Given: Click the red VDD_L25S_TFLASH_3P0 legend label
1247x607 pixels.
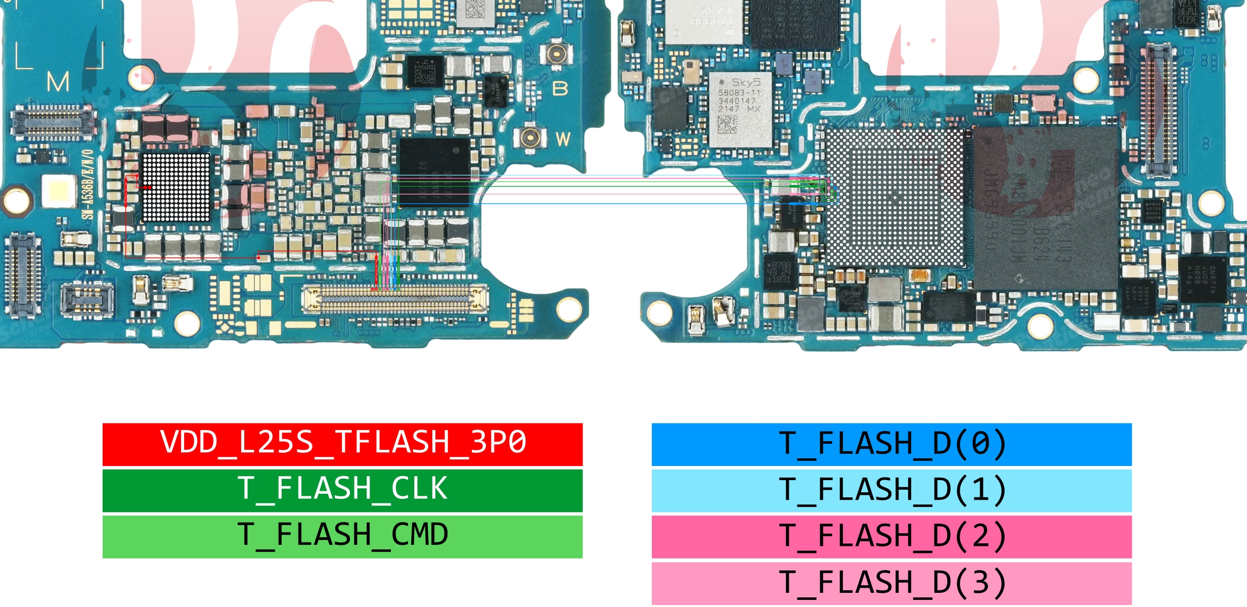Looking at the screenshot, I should pyautogui.click(x=342, y=444).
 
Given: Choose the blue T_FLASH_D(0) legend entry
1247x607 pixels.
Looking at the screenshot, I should pyautogui.click(x=891, y=444).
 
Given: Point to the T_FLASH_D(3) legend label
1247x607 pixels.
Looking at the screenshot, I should pyautogui.click(x=891, y=583).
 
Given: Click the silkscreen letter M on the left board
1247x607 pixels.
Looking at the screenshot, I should pyautogui.click(x=58, y=82).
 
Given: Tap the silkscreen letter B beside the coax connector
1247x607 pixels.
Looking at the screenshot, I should pyautogui.click(x=560, y=88).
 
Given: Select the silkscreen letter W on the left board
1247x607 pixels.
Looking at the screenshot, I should pyautogui.click(x=563, y=139).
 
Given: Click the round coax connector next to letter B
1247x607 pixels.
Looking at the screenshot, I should pyautogui.click(x=556, y=53).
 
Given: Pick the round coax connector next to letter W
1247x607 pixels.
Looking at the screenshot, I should pyautogui.click(x=530, y=136).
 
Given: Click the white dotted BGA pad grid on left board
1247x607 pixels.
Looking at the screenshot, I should pyautogui.click(x=176, y=188).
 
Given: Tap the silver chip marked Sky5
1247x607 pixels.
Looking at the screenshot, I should pyautogui.click(x=740, y=109).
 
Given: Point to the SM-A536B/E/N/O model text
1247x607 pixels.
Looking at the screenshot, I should pyautogui.click(x=88, y=184).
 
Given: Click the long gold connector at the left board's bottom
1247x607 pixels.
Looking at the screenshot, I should pyautogui.click(x=394, y=299).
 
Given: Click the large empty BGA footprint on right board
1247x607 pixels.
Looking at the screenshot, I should pyautogui.click(x=895, y=197).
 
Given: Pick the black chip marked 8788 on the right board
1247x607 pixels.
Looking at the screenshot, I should pyautogui.click(x=779, y=273).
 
